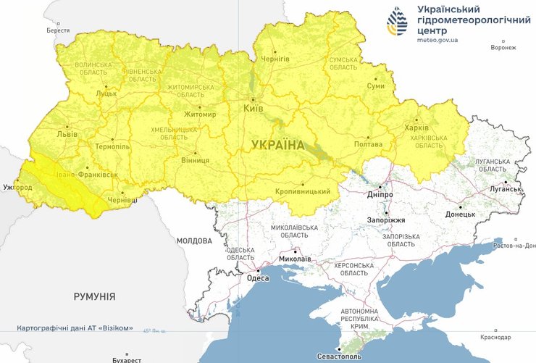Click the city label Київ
coord(254,108)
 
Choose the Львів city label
coord(67,134)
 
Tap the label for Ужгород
coord(17,188)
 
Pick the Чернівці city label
coord(121,201)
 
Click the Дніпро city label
coord(380,195)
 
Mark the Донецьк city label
coord(460,214)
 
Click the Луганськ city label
coord(506,189)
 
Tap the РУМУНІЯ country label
coord(94,296)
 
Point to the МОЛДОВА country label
coord(194,241)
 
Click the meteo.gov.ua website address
coord(437,39)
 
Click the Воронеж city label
coord(503,48)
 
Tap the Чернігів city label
coord(275,58)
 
